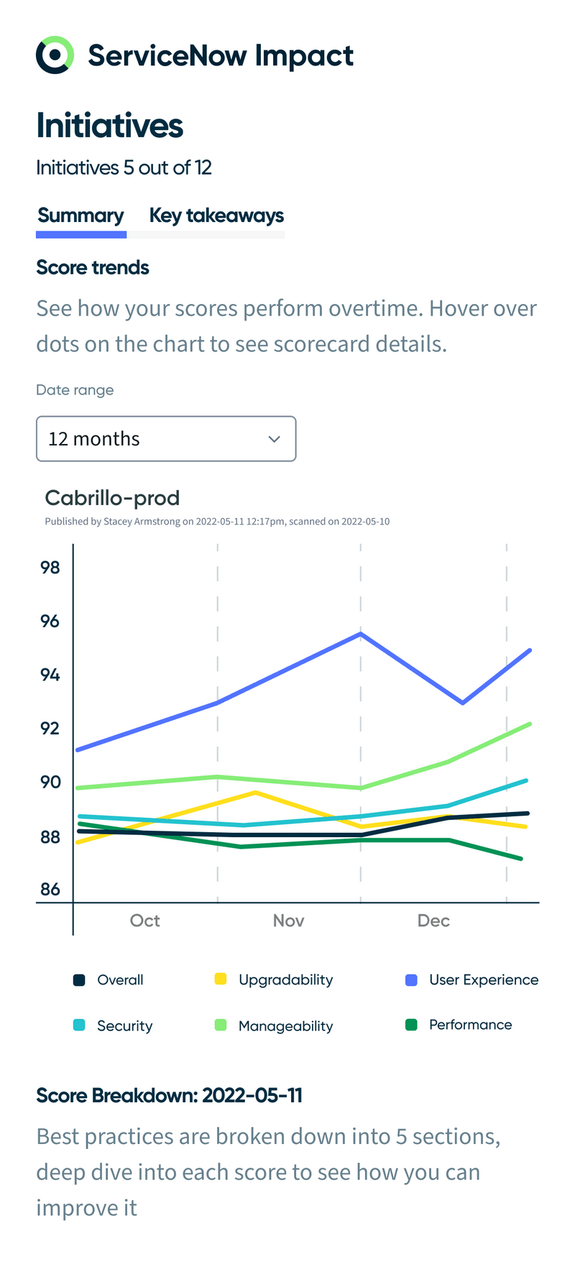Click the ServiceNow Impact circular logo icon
55,55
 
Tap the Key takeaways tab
216,216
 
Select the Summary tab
80,216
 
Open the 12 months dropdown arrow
274,439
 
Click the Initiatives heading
110,126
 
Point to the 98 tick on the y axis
50,568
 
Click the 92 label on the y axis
50,729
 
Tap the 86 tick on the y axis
50,890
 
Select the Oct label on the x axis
144,921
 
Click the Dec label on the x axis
433,921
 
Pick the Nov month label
288,921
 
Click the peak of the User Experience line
360,634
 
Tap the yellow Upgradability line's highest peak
256,793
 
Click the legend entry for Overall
120,980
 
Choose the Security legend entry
124,1026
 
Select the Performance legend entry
470,1025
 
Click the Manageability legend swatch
221,1025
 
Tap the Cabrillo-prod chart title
112,498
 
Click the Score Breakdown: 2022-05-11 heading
170,1096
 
